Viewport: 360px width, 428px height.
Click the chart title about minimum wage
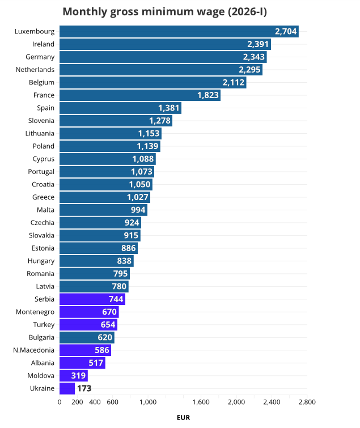click(x=164, y=12)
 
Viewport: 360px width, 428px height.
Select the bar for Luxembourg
click(x=179, y=31)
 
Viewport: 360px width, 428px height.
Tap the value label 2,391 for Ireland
click(x=259, y=44)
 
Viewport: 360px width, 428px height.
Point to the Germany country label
click(x=40, y=57)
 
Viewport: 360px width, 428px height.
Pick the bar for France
click(x=139, y=95)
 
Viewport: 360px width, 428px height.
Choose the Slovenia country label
click(x=41, y=121)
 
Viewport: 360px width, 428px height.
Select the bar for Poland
click(x=109, y=146)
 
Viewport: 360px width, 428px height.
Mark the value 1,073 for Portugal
click(x=142, y=172)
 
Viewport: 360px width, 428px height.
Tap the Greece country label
click(x=43, y=197)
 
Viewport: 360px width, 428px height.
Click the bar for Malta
click(x=103, y=210)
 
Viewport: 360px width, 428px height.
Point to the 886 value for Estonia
click(x=128, y=248)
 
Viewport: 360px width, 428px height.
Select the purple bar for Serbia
click(x=92, y=299)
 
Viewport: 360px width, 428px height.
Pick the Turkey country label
click(x=44, y=325)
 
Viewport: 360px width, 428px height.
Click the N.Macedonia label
click(x=33, y=350)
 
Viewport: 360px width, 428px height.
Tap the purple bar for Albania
click(x=82, y=363)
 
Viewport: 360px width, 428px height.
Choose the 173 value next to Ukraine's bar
click(x=84, y=388)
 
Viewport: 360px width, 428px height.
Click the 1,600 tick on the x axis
click(x=201, y=402)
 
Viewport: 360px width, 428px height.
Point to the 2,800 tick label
click(x=307, y=402)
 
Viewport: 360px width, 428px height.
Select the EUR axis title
click(x=183, y=418)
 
